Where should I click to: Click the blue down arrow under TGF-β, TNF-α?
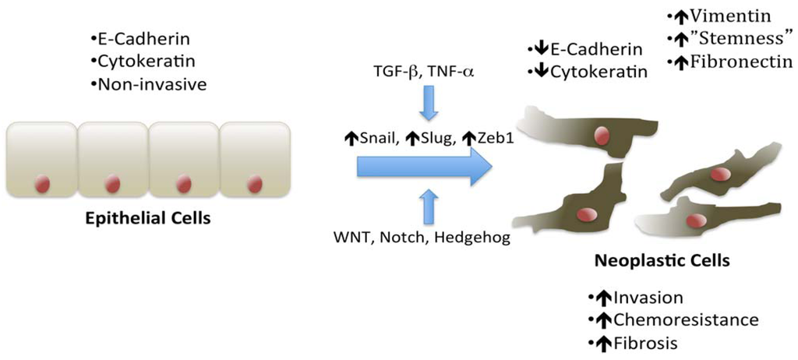[x=427, y=104]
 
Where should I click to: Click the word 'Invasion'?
[x=649, y=298]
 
